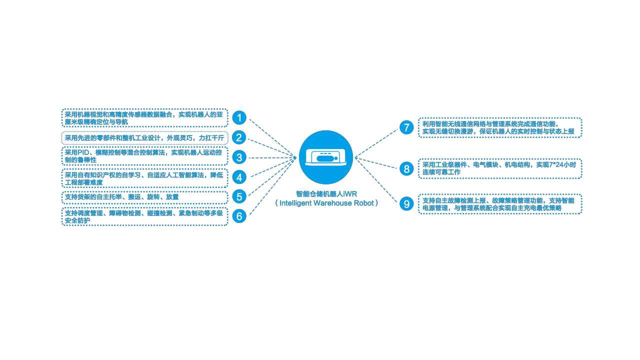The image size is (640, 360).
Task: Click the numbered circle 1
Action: [x=239, y=118]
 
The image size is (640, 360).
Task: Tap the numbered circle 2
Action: [x=239, y=137]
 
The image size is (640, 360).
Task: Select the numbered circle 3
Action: [x=239, y=157]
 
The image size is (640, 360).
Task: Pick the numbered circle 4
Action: [x=239, y=177]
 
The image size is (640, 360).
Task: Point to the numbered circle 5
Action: [x=239, y=196]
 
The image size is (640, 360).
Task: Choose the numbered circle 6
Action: [x=239, y=216]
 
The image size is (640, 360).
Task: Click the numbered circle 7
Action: [x=406, y=127]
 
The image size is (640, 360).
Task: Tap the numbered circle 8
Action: [x=406, y=168]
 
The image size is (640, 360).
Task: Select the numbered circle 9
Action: [x=406, y=204]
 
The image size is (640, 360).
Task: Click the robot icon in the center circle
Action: [x=326, y=157]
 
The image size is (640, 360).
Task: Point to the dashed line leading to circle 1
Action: [x=272, y=138]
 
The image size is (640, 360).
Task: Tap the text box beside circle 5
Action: [x=144, y=197]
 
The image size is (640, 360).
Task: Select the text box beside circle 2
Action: [x=144, y=138]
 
